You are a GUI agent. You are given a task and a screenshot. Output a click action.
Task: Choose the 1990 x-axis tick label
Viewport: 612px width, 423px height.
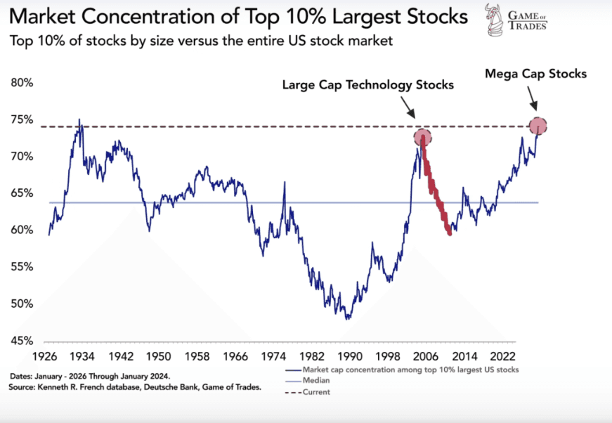pos(351,356)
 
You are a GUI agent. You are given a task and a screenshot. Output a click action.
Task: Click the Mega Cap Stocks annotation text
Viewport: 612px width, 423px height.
pos(535,74)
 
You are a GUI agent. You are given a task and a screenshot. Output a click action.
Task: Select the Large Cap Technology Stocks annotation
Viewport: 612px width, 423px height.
pos(368,85)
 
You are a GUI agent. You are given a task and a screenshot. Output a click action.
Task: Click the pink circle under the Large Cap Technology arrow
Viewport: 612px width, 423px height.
pos(422,137)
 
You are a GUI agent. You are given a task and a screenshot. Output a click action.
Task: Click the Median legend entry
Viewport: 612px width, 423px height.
pos(316,379)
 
